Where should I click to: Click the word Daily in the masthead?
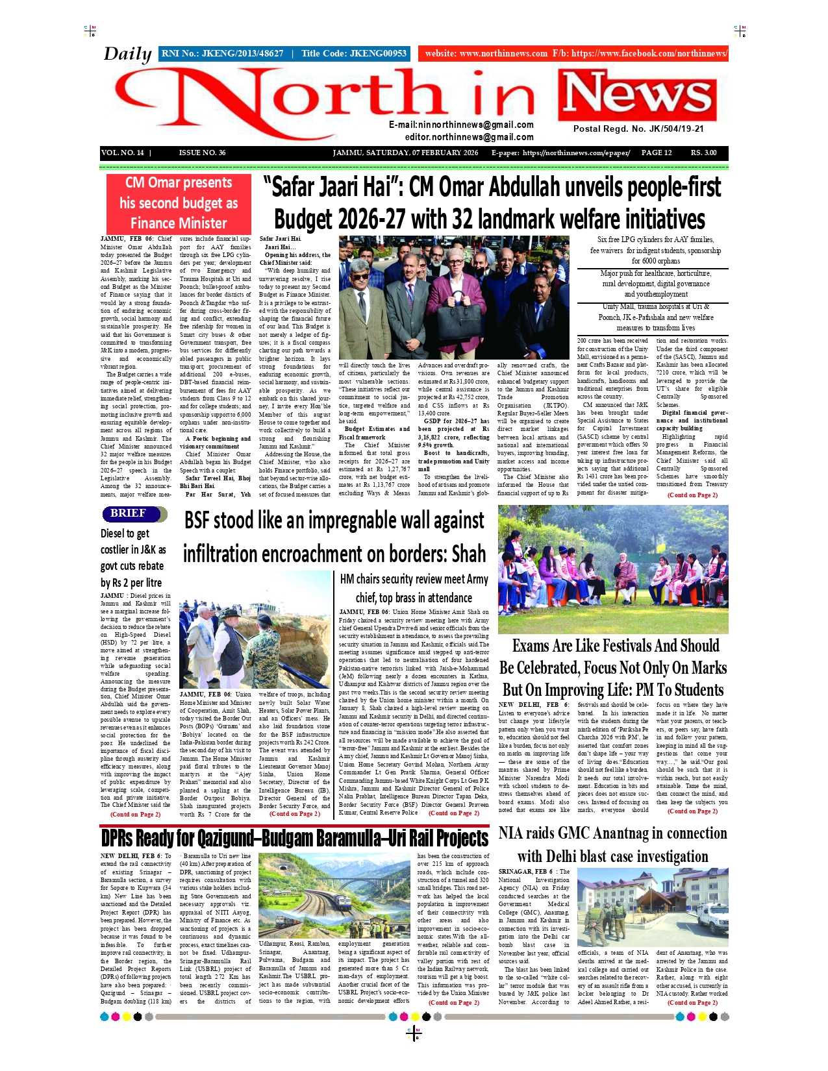pos(127,54)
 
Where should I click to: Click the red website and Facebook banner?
pos(573,54)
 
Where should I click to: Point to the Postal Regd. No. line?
pos(638,129)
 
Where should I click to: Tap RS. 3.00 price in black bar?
pos(703,153)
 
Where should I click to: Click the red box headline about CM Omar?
pos(179,203)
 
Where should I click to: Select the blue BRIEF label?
pos(128,513)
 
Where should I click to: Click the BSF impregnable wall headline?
pos(334,537)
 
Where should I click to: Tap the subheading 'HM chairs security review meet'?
pos(414,588)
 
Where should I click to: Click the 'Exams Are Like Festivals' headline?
pos(612,668)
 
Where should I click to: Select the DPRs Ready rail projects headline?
pos(294,839)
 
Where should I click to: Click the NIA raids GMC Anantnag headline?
pos(612,844)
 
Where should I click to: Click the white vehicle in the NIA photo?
pos(712,918)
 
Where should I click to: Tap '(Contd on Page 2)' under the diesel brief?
pos(135,814)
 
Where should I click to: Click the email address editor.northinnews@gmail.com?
pos(469,137)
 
